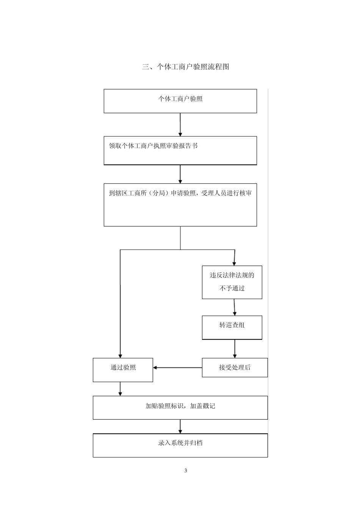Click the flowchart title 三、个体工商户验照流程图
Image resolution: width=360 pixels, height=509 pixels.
pyautogui.click(x=185, y=67)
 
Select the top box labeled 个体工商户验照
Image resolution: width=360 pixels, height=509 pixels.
pyautogui.click(x=180, y=101)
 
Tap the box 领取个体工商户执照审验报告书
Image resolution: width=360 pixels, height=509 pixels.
pyautogui.click(x=180, y=150)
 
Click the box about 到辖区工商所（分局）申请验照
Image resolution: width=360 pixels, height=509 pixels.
pyautogui.click(x=180, y=205)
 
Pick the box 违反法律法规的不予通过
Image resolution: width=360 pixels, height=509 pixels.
pyautogui.click(x=232, y=282)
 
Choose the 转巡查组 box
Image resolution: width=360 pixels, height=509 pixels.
pyautogui.click(x=232, y=327)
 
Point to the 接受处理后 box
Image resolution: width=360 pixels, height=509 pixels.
pyautogui.click(x=235, y=367)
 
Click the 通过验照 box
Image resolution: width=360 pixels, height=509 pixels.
pyautogui.click(x=123, y=370)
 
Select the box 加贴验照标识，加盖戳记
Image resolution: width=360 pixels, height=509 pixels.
pyautogui.click(x=180, y=407)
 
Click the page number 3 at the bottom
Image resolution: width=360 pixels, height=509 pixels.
pyautogui.click(x=186, y=471)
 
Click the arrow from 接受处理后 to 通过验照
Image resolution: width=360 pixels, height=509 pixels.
pyautogui.click(x=177, y=367)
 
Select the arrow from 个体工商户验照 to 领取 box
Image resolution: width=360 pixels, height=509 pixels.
pyautogui.click(x=180, y=125)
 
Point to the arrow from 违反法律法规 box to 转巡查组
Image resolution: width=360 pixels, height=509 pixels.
pyautogui.click(x=235, y=307)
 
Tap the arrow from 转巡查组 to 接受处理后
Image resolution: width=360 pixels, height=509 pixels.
pyautogui.click(x=235, y=348)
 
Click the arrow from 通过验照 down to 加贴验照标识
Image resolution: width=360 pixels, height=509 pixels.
pyautogui.click(x=120, y=389)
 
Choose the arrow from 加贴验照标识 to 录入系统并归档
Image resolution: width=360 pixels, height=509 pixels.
pyautogui.click(x=180, y=426)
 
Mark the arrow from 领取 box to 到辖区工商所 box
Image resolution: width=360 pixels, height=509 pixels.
pyautogui.click(x=180, y=174)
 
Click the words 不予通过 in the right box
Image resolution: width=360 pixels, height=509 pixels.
pyautogui.click(x=232, y=288)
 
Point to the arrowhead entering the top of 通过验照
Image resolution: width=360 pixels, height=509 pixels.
pyautogui.click(x=120, y=356)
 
